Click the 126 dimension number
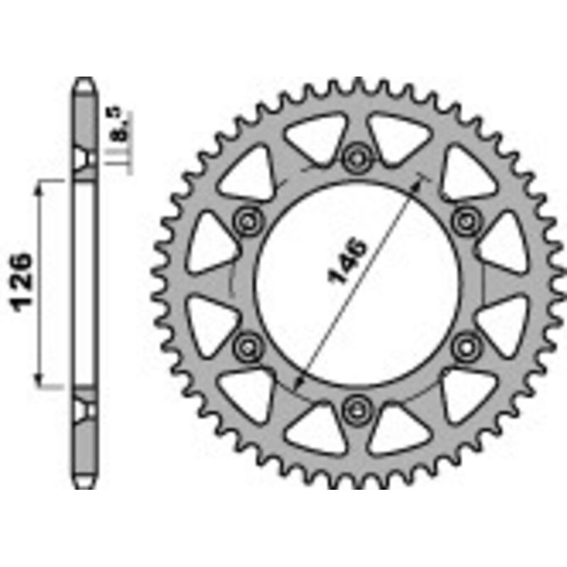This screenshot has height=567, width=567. [21, 281]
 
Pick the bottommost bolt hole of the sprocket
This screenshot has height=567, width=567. [356, 409]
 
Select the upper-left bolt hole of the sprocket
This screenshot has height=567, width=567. [247, 220]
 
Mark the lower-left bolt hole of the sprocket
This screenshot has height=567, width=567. [247, 346]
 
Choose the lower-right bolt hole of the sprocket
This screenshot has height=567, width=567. [466, 346]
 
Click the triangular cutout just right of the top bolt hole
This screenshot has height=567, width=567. [394, 135]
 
